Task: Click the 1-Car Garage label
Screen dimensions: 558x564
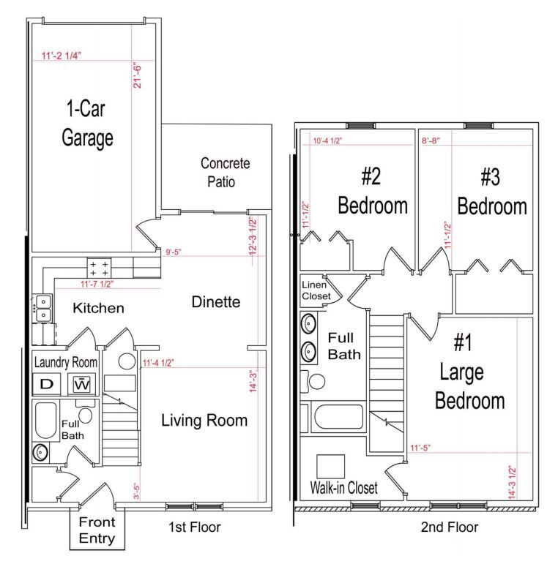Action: click(x=87, y=123)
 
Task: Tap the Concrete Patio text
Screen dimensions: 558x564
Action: click(x=225, y=173)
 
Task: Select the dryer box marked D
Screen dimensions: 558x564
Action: click(x=46, y=384)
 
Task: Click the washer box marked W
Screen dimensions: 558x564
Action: click(x=82, y=384)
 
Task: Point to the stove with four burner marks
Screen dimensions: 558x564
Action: click(x=99, y=268)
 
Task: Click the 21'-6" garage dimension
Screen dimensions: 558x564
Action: click(x=137, y=76)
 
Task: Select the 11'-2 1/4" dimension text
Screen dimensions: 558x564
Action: click(x=62, y=56)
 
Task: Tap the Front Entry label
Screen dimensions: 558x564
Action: click(x=97, y=530)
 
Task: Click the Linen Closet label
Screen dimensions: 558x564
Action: click(x=316, y=290)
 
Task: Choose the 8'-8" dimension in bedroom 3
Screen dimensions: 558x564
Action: click(x=431, y=140)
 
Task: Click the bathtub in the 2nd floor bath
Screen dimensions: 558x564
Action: click(x=338, y=417)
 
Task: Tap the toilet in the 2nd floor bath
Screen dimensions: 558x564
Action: click(x=313, y=381)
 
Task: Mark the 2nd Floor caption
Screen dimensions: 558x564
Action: click(x=450, y=527)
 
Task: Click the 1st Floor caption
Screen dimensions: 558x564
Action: click(x=194, y=527)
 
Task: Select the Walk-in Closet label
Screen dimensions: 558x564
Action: click(x=343, y=488)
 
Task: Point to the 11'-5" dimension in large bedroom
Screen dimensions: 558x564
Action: click(x=420, y=448)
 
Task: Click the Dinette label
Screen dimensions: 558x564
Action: click(x=216, y=302)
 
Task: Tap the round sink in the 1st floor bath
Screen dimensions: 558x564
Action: click(x=40, y=453)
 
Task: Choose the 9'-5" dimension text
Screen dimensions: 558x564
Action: click(x=173, y=252)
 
